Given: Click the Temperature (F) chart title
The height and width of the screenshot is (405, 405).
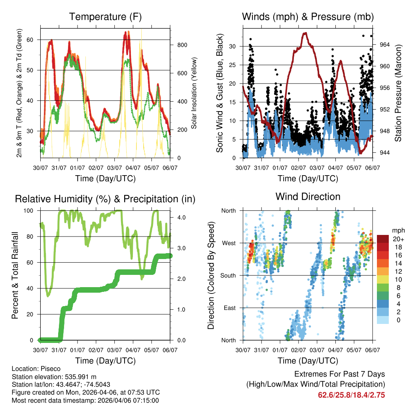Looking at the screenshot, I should click(105, 17).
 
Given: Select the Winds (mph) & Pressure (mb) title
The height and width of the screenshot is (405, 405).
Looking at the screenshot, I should click(308, 17).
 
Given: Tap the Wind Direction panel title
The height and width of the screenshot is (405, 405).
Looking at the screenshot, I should click(308, 197).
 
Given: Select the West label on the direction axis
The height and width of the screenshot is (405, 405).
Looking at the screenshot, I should click(228, 243).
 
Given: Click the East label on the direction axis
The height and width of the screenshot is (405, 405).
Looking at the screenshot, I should click(229, 308).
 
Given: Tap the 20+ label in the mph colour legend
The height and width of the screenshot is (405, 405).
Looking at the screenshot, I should click(397, 239).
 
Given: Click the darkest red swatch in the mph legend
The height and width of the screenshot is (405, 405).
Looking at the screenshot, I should click(383, 239).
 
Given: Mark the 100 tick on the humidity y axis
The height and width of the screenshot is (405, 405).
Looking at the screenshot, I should click(30, 210).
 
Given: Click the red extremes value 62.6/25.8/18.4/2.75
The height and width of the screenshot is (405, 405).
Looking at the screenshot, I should click(351, 395).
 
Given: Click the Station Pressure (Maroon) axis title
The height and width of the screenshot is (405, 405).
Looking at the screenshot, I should click(398, 93).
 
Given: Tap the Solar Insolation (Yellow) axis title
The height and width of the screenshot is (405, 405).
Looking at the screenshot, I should click(194, 93).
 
